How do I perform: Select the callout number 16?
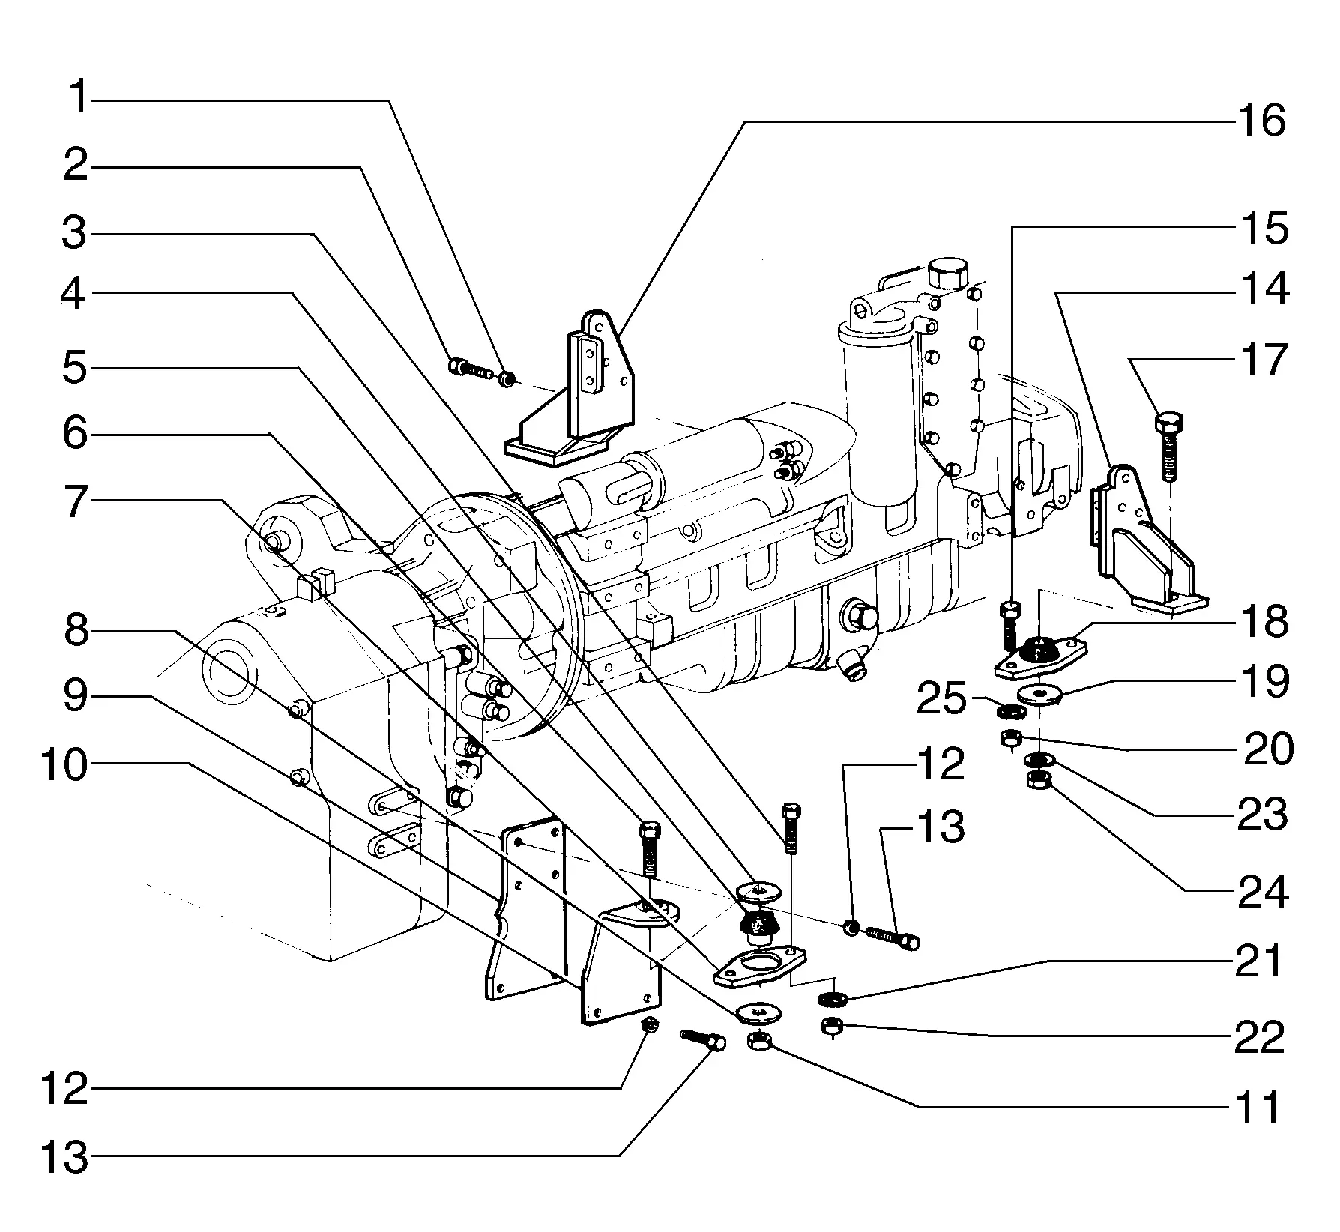[x=1261, y=121]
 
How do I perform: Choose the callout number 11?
[x=1255, y=1107]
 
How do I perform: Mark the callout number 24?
[x=1263, y=891]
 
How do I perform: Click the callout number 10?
[x=64, y=765]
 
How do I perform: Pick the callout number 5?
[x=75, y=367]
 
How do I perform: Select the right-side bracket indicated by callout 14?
[x=1139, y=543]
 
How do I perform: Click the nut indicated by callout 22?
[x=831, y=1027]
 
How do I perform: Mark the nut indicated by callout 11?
[x=759, y=1041]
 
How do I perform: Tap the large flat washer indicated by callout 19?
[x=1041, y=694]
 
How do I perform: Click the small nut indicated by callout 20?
[x=1011, y=738]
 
